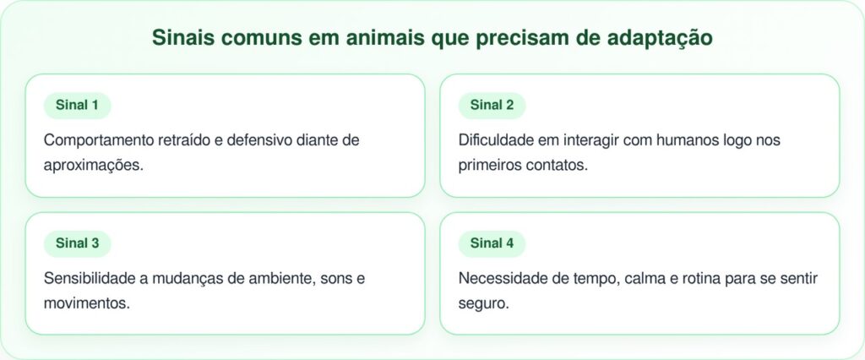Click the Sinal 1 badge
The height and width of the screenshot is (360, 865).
pyautogui.click(x=77, y=106)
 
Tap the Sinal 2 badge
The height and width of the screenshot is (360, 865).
pyautogui.click(x=492, y=106)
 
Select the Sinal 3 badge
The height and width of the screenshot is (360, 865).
pyautogui.click(x=77, y=243)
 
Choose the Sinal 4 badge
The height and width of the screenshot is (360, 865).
pyautogui.click(x=492, y=243)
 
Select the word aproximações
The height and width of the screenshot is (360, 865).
pyautogui.click(x=93, y=165)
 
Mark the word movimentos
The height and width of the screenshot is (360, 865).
pyautogui.click(x=86, y=303)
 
